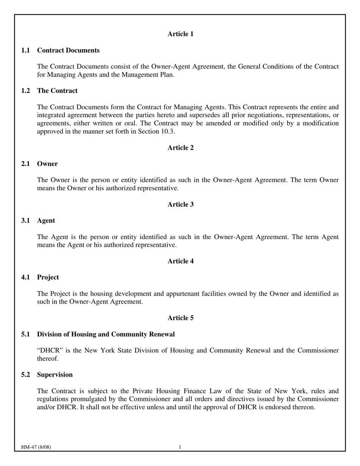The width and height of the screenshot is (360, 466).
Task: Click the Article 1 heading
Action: click(180, 34)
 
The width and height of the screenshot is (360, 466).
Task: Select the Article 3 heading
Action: click(180, 205)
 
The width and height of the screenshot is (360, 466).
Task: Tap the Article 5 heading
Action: click(180, 318)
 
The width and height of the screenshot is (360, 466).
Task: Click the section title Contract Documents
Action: click(68, 50)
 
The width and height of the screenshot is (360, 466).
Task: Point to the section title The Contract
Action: click(57, 91)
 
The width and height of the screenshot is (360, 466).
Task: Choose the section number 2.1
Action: click(26, 164)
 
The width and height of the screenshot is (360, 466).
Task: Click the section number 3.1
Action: click(26, 220)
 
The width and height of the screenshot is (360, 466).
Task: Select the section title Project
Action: click(48, 277)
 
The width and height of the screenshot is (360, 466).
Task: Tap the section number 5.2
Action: click(26, 375)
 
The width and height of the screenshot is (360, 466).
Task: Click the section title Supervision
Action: click(55, 375)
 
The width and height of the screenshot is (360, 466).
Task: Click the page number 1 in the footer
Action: click(180, 447)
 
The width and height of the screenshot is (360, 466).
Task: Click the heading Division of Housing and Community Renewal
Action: click(106, 334)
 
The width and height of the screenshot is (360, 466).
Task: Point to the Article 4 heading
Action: click(180, 261)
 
